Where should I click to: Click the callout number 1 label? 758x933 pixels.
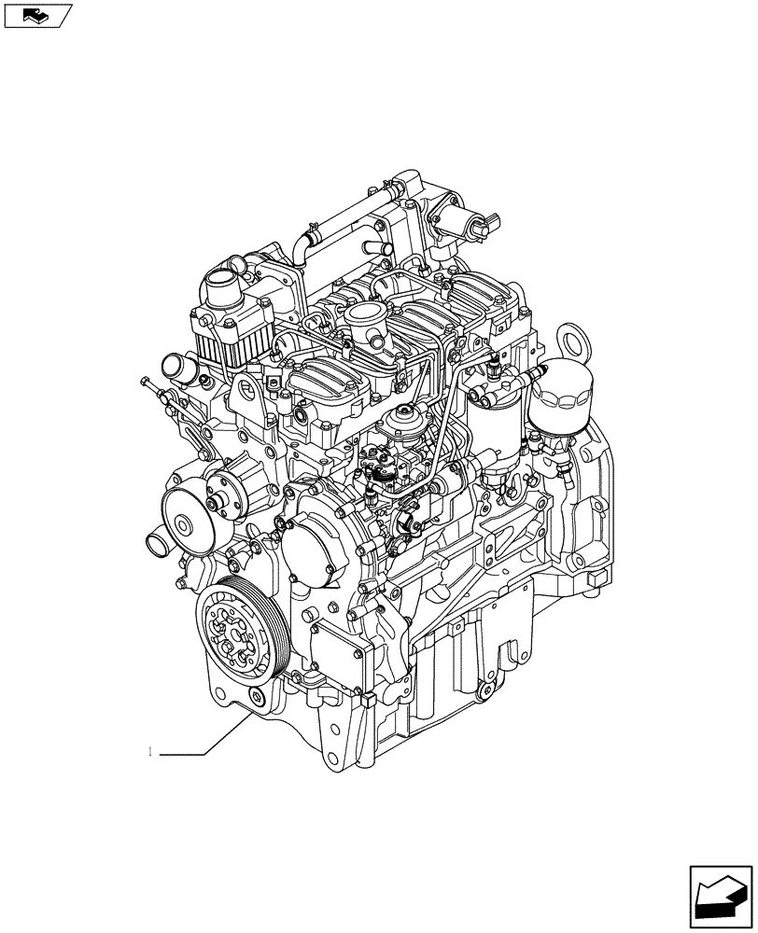pyautogui.click(x=150, y=752)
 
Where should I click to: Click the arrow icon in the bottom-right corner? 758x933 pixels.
pyautogui.click(x=720, y=895)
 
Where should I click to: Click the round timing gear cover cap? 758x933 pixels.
pyautogui.click(x=314, y=546)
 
